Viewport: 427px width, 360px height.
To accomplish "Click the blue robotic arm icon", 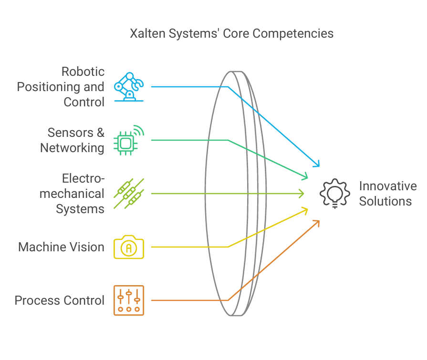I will [128, 86].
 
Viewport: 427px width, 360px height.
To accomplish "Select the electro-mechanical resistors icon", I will [128, 194].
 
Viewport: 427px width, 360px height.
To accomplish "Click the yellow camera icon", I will [128, 247].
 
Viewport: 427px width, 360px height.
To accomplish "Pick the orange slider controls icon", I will [128, 300].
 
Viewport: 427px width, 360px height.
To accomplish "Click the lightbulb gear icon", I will [335, 194].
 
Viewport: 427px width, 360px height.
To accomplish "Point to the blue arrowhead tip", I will [318, 166].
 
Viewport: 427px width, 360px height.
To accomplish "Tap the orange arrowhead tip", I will [318, 221].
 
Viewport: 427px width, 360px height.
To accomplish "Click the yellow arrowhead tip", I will [307, 208].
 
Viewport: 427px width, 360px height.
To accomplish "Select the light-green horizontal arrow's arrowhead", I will [303, 194].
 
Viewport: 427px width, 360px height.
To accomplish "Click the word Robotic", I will [83, 72].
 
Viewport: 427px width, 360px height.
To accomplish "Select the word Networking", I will [72, 148].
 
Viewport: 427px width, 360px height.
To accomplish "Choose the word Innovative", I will [388, 186].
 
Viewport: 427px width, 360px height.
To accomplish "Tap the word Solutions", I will [385, 201].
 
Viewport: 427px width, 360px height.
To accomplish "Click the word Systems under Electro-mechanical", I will [80, 209].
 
